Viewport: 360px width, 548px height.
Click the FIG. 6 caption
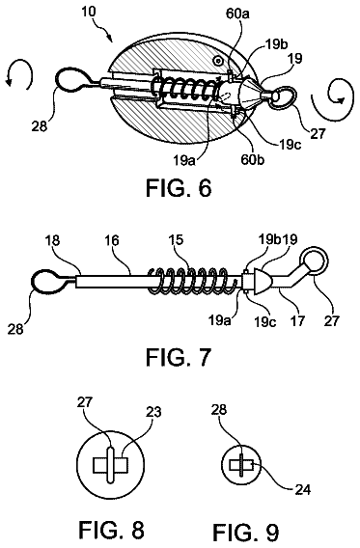click(x=179, y=188)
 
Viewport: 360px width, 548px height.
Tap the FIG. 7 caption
click(x=179, y=357)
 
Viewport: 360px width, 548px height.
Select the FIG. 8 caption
click(x=112, y=530)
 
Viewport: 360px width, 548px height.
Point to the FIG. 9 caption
click(x=246, y=533)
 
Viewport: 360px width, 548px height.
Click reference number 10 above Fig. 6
click(x=89, y=12)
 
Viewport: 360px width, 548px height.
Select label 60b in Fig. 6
click(x=252, y=159)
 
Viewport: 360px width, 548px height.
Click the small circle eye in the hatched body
click(x=219, y=61)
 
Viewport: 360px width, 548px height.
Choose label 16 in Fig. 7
click(x=112, y=240)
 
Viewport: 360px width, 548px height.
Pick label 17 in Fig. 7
click(x=297, y=320)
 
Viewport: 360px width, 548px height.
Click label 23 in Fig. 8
click(x=154, y=412)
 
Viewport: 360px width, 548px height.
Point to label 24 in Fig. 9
click(x=303, y=490)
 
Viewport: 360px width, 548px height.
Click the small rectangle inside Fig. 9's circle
click(x=241, y=465)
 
